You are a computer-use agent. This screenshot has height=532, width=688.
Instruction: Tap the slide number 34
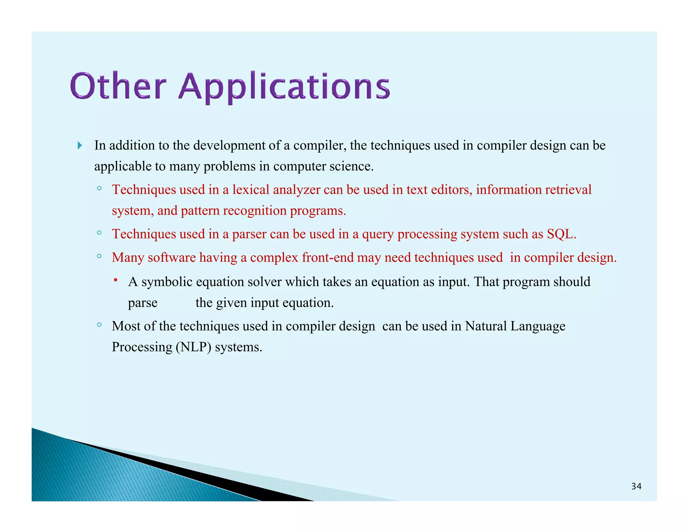coord(636,486)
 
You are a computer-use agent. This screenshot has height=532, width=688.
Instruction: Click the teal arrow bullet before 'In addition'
coord(80,146)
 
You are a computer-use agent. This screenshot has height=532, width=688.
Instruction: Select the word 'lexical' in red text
coord(251,190)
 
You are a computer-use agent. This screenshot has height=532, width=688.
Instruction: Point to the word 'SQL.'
coord(561,234)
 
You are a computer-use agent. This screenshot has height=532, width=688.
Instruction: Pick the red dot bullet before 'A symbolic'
coord(115,280)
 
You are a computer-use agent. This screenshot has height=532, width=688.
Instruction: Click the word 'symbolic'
coord(167,282)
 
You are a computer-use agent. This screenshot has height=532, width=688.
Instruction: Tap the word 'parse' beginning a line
coord(142,303)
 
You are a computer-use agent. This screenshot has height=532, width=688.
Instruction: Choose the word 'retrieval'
coord(568,190)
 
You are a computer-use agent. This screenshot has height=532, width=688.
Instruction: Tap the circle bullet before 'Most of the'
coord(99,325)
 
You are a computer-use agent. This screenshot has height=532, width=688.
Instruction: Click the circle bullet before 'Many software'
coord(99,256)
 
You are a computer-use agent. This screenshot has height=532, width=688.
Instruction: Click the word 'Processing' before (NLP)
coord(142,347)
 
